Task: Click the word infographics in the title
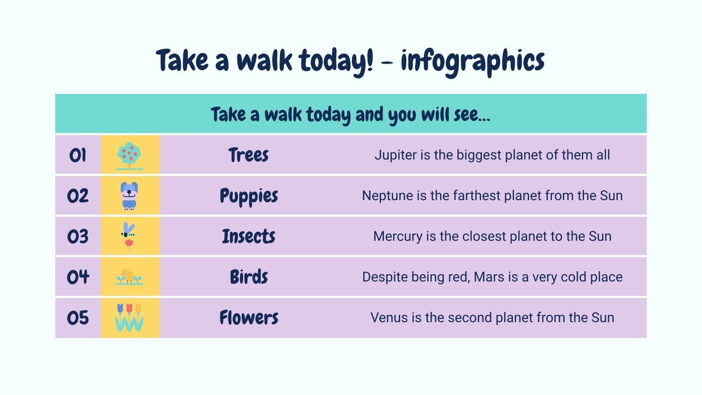(473, 61)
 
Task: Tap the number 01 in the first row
(78, 155)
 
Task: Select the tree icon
(129, 155)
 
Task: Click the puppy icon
(129, 195)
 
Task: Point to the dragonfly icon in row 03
(129, 235)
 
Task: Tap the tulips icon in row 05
(129, 317)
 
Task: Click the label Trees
(248, 155)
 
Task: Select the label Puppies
(249, 196)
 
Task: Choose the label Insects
(248, 237)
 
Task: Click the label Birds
(249, 277)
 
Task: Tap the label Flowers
(249, 318)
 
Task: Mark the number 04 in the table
(78, 277)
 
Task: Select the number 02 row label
(78, 196)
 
